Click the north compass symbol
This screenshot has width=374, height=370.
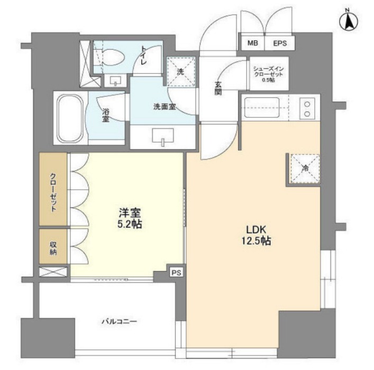coord(349,22)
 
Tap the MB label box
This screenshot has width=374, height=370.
coord(252,43)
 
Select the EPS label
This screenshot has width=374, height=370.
coord(280,43)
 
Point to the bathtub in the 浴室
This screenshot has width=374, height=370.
coord(70,118)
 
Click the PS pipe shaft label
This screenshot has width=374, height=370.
coord(177,273)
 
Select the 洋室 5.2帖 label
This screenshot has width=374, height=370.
coord(130,218)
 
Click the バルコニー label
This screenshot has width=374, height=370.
coord(120,321)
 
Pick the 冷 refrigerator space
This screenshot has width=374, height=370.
coord(305,169)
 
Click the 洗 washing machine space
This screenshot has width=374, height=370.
coord(180,71)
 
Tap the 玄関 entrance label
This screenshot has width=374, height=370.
coord(218,88)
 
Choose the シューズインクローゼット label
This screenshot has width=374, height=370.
coord(269,74)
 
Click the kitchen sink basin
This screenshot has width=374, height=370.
coord(262,107)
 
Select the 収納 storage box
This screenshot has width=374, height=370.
coord(53,246)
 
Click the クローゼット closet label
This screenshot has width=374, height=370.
coord(53,192)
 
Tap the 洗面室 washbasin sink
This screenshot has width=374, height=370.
coord(163,136)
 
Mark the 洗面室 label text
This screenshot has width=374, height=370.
coord(165,107)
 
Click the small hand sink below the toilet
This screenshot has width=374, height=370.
coord(115,80)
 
